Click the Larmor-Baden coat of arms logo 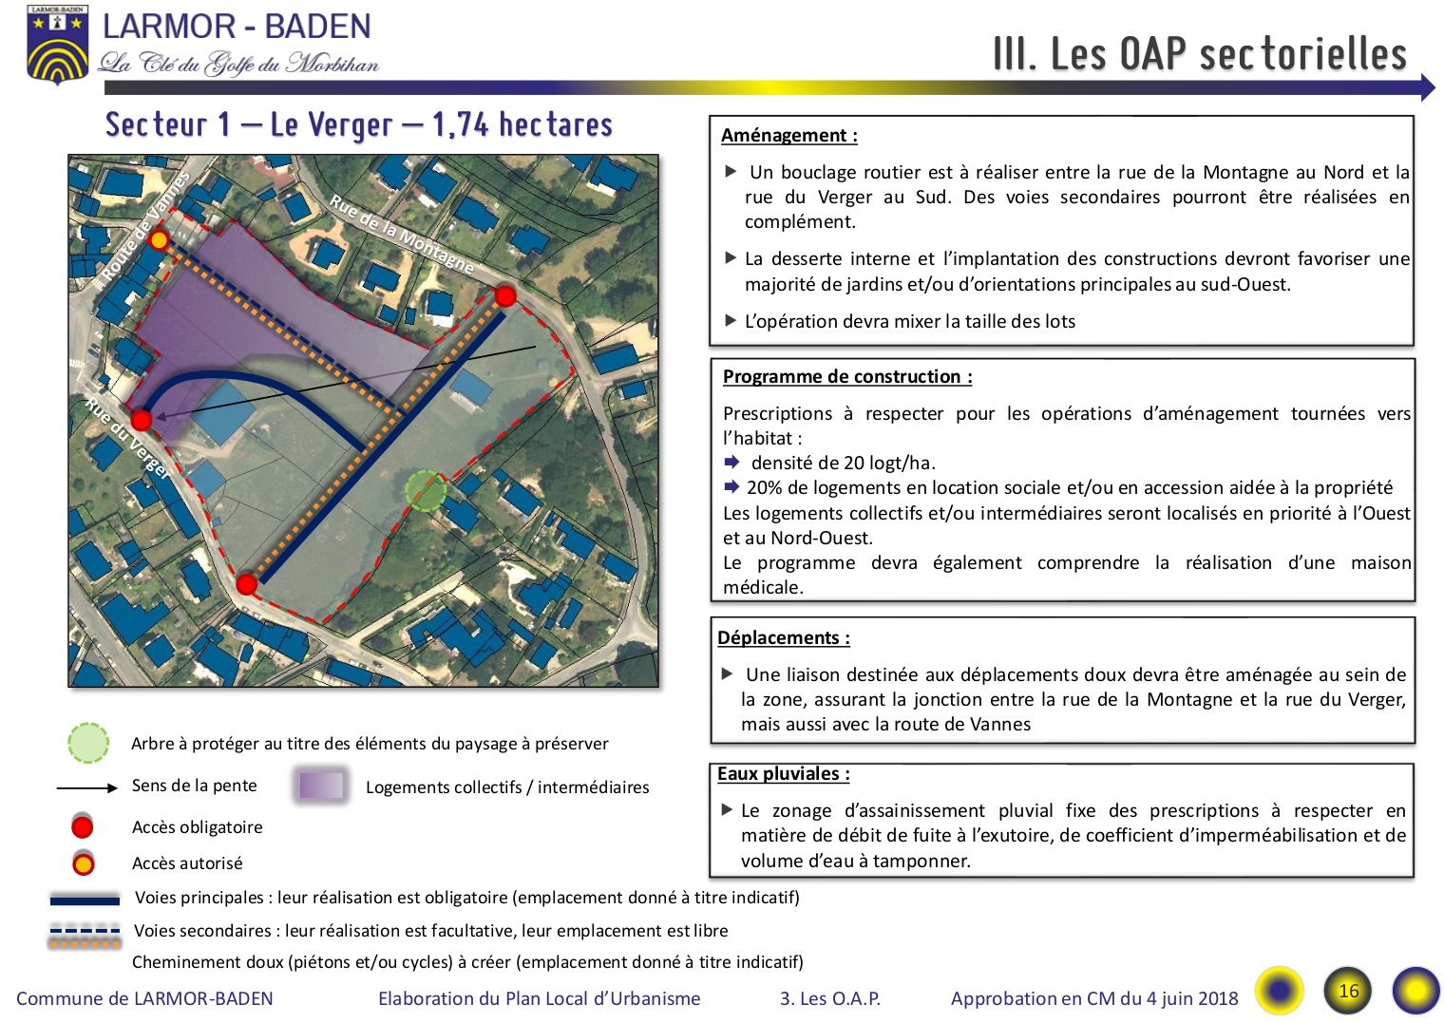pyautogui.click(x=58, y=44)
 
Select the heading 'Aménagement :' pyautogui.click(x=788, y=136)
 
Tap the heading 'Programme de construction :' pyautogui.click(x=846, y=377)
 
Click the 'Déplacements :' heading pyautogui.click(x=783, y=638)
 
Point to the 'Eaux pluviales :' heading pyautogui.click(x=783, y=774)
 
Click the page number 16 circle pyautogui.click(x=1348, y=992)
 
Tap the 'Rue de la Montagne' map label pyautogui.click(x=401, y=234)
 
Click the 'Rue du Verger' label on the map pyautogui.click(x=127, y=438)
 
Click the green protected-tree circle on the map pyautogui.click(x=426, y=490)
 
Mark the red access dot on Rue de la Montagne pyautogui.click(x=505, y=296)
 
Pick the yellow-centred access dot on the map pyautogui.click(x=160, y=240)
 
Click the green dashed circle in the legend pyautogui.click(x=88, y=744)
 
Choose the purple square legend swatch pyautogui.click(x=320, y=786)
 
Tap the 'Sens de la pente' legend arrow pyautogui.click(x=86, y=788)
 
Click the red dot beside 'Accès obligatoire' pyautogui.click(x=83, y=826)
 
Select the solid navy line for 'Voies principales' pyautogui.click(x=85, y=899)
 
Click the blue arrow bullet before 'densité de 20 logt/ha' pyautogui.click(x=731, y=463)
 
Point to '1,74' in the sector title pyautogui.click(x=460, y=124)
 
